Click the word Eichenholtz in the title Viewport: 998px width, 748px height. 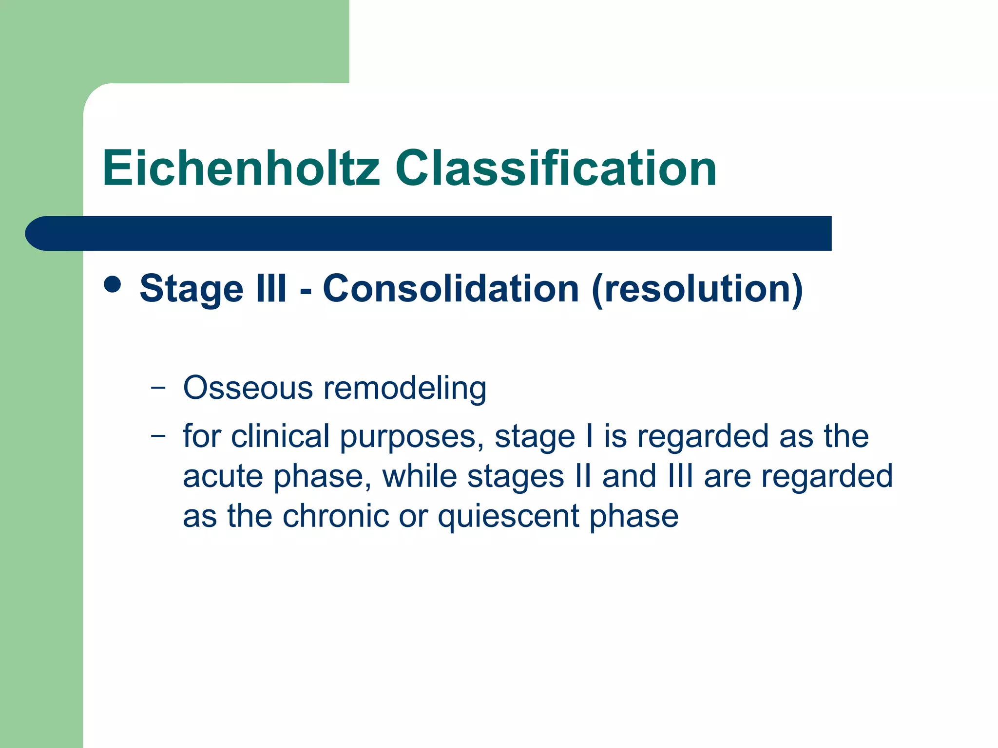(241, 168)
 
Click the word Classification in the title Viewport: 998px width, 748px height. (556, 168)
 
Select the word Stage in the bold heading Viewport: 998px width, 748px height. (191, 289)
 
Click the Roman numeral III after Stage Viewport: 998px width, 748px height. (271, 289)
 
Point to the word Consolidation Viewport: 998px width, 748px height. (451, 289)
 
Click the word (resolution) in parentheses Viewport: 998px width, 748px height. (697, 290)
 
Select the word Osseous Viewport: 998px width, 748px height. (248, 388)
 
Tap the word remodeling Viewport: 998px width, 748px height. (404, 389)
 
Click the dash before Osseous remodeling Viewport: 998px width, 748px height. (158, 388)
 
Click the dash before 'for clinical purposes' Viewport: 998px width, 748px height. (158, 435)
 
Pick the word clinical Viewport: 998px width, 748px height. (280, 436)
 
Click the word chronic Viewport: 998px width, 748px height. (336, 516)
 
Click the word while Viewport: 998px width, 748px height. (419, 476)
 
